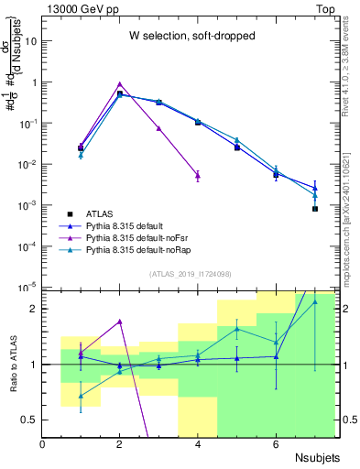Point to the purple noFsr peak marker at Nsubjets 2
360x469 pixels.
[119, 83]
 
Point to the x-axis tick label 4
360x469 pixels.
[198, 443]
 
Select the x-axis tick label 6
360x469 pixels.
[276, 443]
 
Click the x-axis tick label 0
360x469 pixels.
[42, 443]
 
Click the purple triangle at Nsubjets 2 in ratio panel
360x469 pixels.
[119, 322]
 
